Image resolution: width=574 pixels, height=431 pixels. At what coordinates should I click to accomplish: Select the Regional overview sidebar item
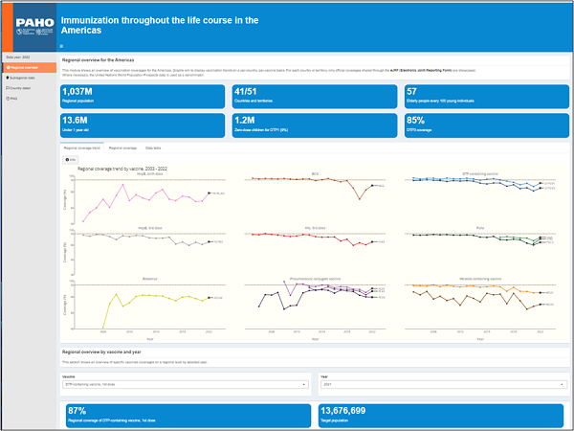pyautogui.click(x=26, y=67)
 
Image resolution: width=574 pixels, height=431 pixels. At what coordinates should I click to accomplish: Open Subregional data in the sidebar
pyautogui.click(x=26, y=78)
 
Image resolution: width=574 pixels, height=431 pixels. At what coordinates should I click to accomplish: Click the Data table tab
pyautogui.click(x=154, y=148)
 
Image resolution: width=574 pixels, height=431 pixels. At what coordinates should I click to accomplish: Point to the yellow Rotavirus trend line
pyautogui.click(x=143, y=296)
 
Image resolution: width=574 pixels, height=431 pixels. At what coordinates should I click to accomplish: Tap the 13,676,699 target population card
pyautogui.click(x=440, y=414)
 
